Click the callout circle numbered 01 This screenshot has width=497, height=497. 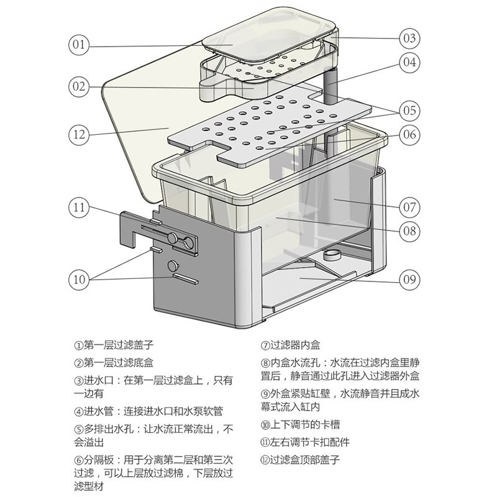coord(80,45)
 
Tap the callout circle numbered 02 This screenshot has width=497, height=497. coord(80,86)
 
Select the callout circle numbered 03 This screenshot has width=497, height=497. coord(409,38)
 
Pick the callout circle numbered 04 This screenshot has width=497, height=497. coord(409,62)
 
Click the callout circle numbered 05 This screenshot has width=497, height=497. coord(409,111)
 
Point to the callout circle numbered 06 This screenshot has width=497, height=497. coord(409,134)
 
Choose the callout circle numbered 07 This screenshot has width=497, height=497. coord(409,207)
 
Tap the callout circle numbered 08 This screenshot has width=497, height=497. coord(409,232)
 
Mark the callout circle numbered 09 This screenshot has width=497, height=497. coord(409,279)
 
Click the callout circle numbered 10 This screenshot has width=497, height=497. coord(80,279)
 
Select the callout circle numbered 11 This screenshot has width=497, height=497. coord(80,207)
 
